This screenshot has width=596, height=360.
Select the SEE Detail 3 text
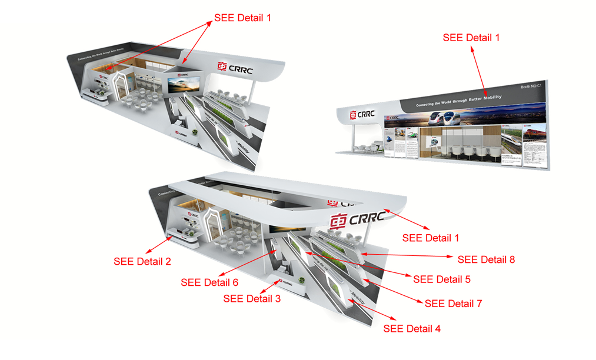coord(252,299)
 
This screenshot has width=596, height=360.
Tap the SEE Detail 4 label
coord(412,328)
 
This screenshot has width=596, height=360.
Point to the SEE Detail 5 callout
coord(442,279)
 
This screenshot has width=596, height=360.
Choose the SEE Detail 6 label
coord(209,282)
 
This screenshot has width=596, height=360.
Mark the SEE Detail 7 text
coord(453,304)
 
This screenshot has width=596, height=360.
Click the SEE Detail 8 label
coord(486,259)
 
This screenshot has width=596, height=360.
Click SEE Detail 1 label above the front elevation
coord(471,38)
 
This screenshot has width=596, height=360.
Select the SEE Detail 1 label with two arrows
coord(243,18)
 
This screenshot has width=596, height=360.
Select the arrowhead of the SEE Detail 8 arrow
coord(361,254)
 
